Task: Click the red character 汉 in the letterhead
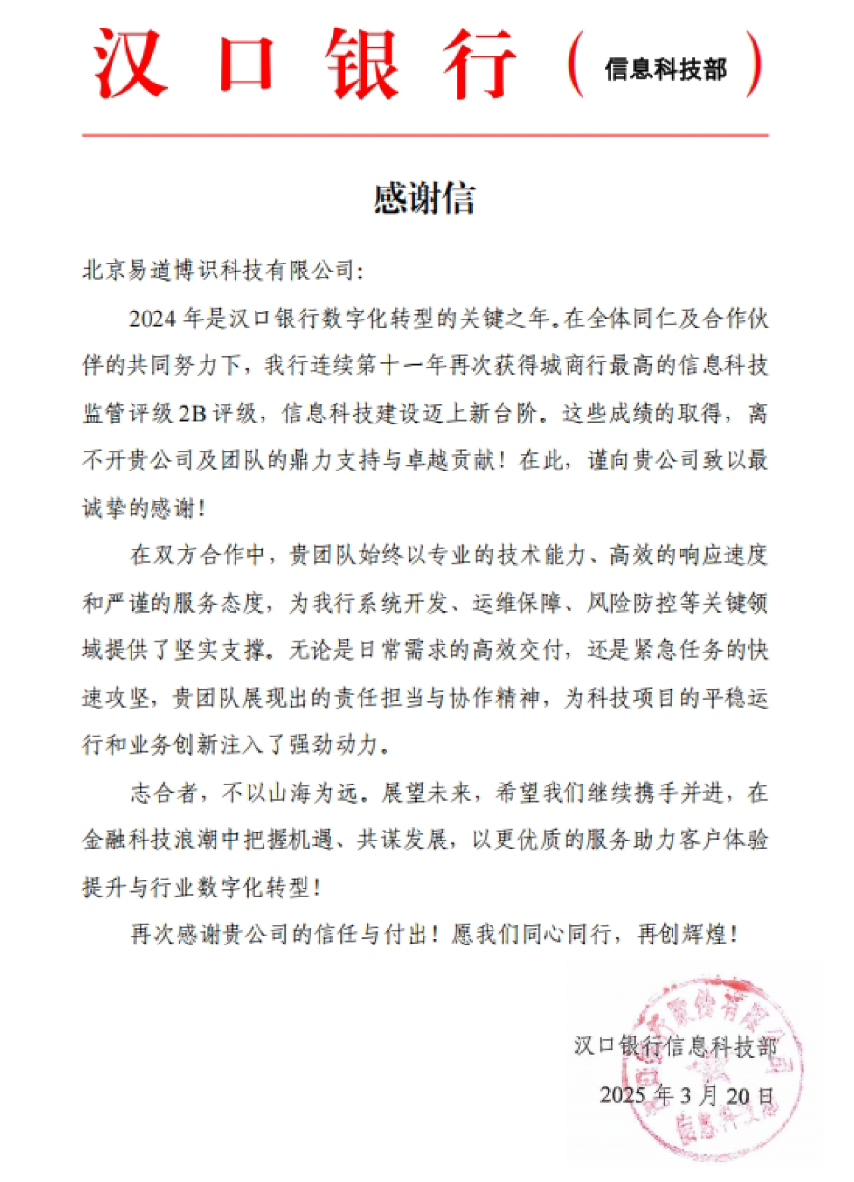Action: (130, 63)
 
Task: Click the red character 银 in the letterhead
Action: (364, 63)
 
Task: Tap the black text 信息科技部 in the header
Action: (665, 69)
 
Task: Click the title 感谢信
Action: (424, 199)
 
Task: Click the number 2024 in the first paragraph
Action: (153, 319)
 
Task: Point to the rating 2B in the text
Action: (193, 414)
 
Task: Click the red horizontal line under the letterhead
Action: (425, 135)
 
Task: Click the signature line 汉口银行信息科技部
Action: (675, 1046)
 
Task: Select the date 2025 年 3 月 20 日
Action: (687, 1095)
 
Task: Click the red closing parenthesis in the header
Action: (754, 65)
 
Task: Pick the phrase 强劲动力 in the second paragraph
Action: (334, 745)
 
